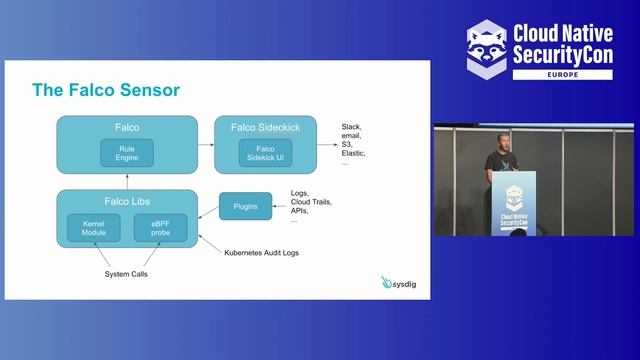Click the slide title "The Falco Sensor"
point(106,90)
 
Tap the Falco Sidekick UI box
point(266,154)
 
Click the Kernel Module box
point(93,227)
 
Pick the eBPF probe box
point(160,227)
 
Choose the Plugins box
point(245,207)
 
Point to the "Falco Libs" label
point(126,201)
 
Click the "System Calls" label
point(126,274)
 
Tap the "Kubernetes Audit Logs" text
point(261,252)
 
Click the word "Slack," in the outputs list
point(351,127)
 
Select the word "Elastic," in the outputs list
point(354,153)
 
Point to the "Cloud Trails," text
point(311,202)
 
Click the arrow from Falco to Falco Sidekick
point(205,144)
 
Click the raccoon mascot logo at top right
point(487,47)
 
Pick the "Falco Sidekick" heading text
point(266,128)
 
